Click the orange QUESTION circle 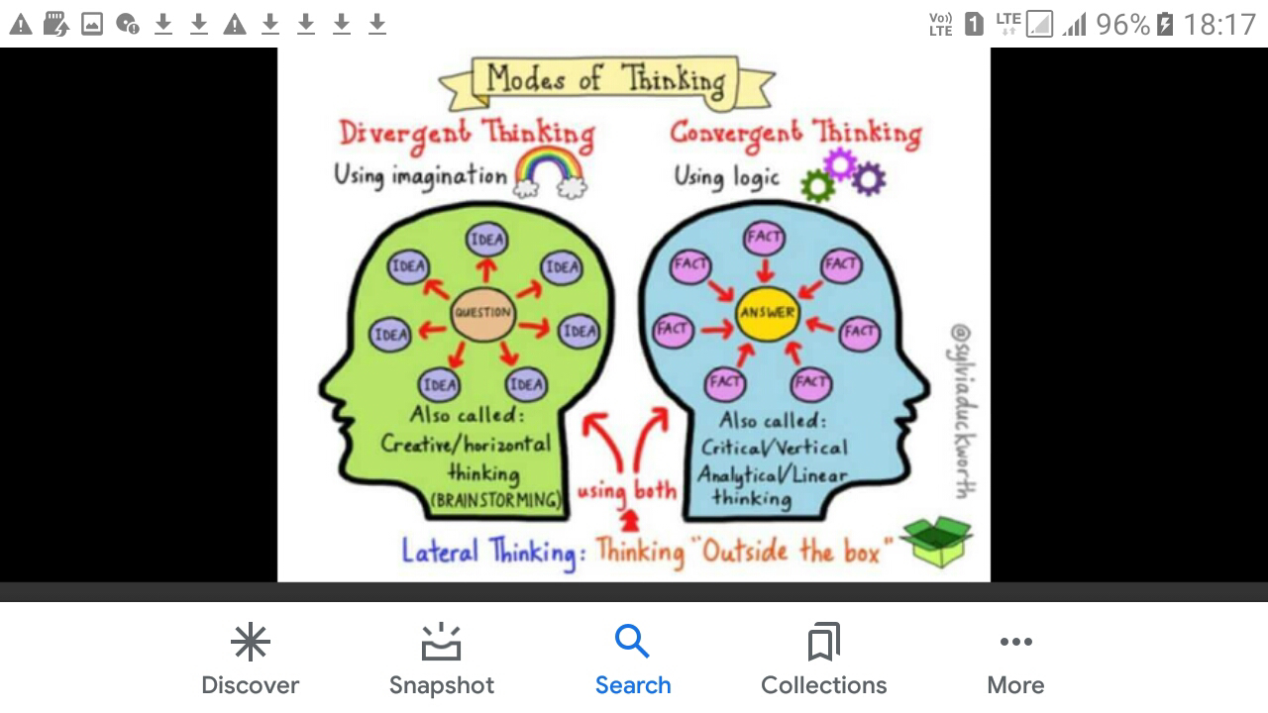[483, 313]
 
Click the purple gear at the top [840, 162]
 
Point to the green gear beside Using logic [817, 185]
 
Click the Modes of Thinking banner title [605, 79]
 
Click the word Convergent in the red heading [735, 134]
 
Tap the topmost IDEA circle [486, 239]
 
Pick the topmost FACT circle [765, 237]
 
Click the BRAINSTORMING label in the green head [495, 500]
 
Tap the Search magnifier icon [632, 642]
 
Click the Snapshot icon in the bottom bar [441, 642]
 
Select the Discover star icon [250, 642]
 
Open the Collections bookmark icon [823, 642]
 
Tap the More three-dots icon [1015, 642]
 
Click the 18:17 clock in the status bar [1219, 24]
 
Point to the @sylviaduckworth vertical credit [960, 411]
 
